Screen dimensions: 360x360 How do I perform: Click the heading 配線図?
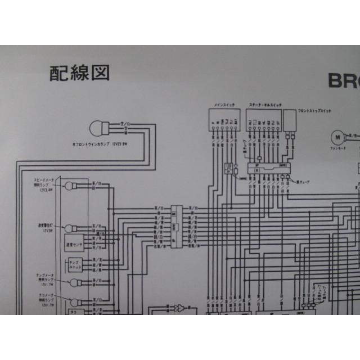pos(78,72)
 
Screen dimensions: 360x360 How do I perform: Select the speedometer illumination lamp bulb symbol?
pos(70,186)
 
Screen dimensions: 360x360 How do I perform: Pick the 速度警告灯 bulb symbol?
pos(70,228)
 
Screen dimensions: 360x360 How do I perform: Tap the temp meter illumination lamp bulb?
pos(74,283)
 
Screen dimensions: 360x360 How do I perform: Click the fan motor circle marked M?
pos(337,136)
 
